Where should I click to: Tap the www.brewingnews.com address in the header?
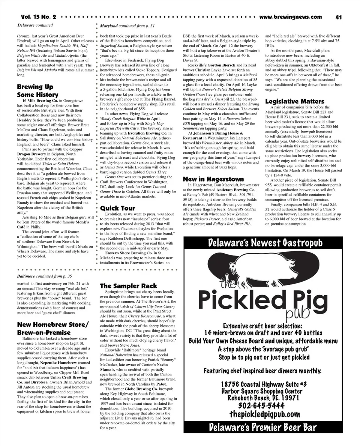pos(290,17)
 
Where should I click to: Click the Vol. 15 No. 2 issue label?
pos(38,17)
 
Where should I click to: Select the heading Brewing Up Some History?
pos(37,91)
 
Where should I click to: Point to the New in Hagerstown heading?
pos(213,179)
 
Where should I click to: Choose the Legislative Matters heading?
pos(295,101)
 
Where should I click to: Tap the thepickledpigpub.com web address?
pos(265,414)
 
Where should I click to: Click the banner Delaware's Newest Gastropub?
pos(265,243)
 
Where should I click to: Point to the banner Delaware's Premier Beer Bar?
pos(263,427)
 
